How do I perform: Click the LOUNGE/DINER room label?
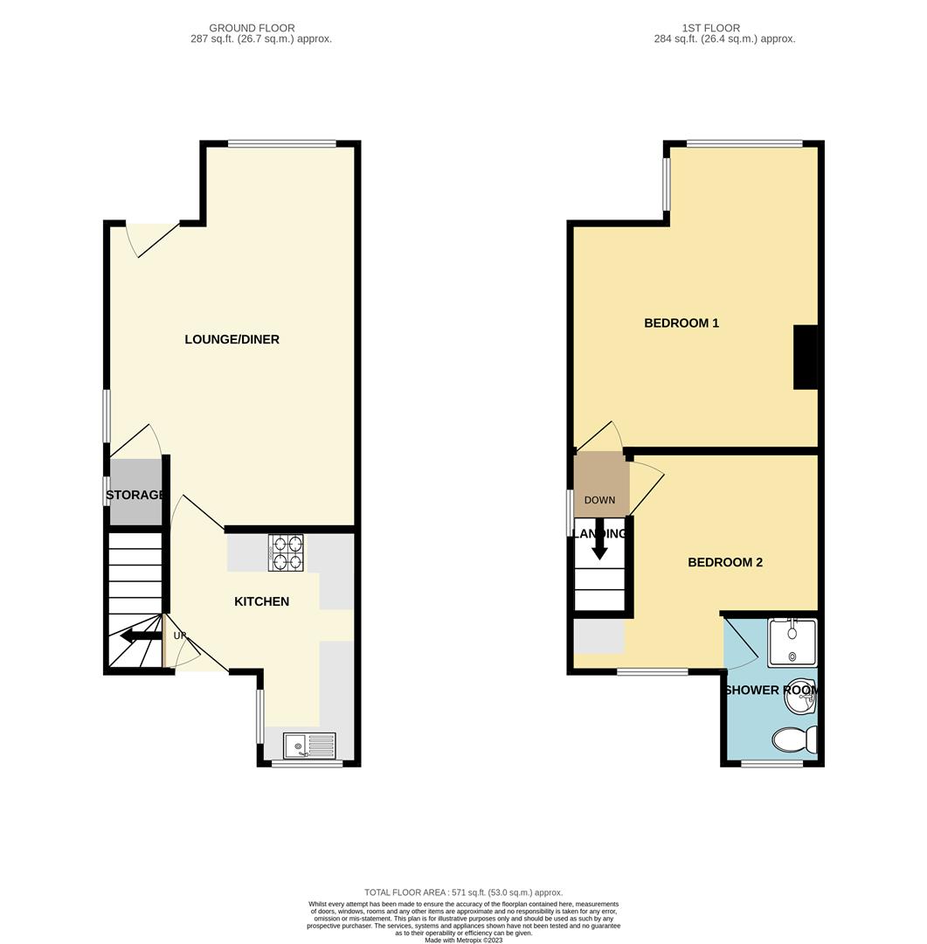pyautogui.click(x=232, y=339)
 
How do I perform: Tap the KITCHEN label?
pyautogui.click(x=261, y=601)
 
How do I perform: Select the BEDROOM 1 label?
pyautogui.click(x=681, y=323)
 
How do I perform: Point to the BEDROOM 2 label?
pyautogui.click(x=724, y=562)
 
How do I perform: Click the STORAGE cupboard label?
pyautogui.click(x=135, y=496)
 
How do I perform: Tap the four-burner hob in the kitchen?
pyautogui.click(x=287, y=552)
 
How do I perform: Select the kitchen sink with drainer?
pyautogui.click(x=309, y=746)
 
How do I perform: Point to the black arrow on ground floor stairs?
pyautogui.click(x=140, y=636)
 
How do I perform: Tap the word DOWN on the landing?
pyautogui.click(x=599, y=501)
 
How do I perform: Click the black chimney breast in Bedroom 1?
pyautogui.click(x=805, y=357)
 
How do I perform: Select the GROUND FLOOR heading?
pyautogui.click(x=252, y=28)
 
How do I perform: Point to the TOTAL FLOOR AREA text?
pyautogui.click(x=464, y=892)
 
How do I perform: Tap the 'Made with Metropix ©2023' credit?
pyautogui.click(x=464, y=940)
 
